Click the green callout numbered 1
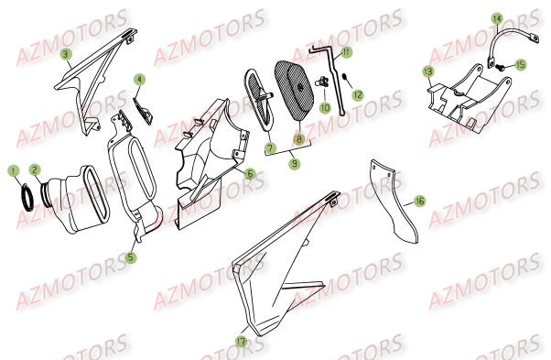pyautogui.click(x=14, y=169)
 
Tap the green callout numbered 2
pyautogui.click(x=35, y=169)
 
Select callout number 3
pyautogui.click(x=66, y=55)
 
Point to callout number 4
pyautogui.click(x=139, y=80)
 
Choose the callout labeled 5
pyautogui.click(x=131, y=258)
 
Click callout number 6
pyautogui.click(x=250, y=172)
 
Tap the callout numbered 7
pyautogui.click(x=270, y=147)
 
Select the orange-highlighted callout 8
pyautogui.click(x=297, y=140)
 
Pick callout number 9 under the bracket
pyautogui.click(x=293, y=164)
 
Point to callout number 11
pyautogui.click(x=347, y=52)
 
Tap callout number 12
pyautogui.click(x=358, y=94)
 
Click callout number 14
pyautogui.click(x=496, y=18)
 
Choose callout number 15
pyautogui.click(x=520, y=65)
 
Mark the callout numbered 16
pyautogui.click(x=418, y=200)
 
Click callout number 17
pyautogui.click(x=241, y=343)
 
